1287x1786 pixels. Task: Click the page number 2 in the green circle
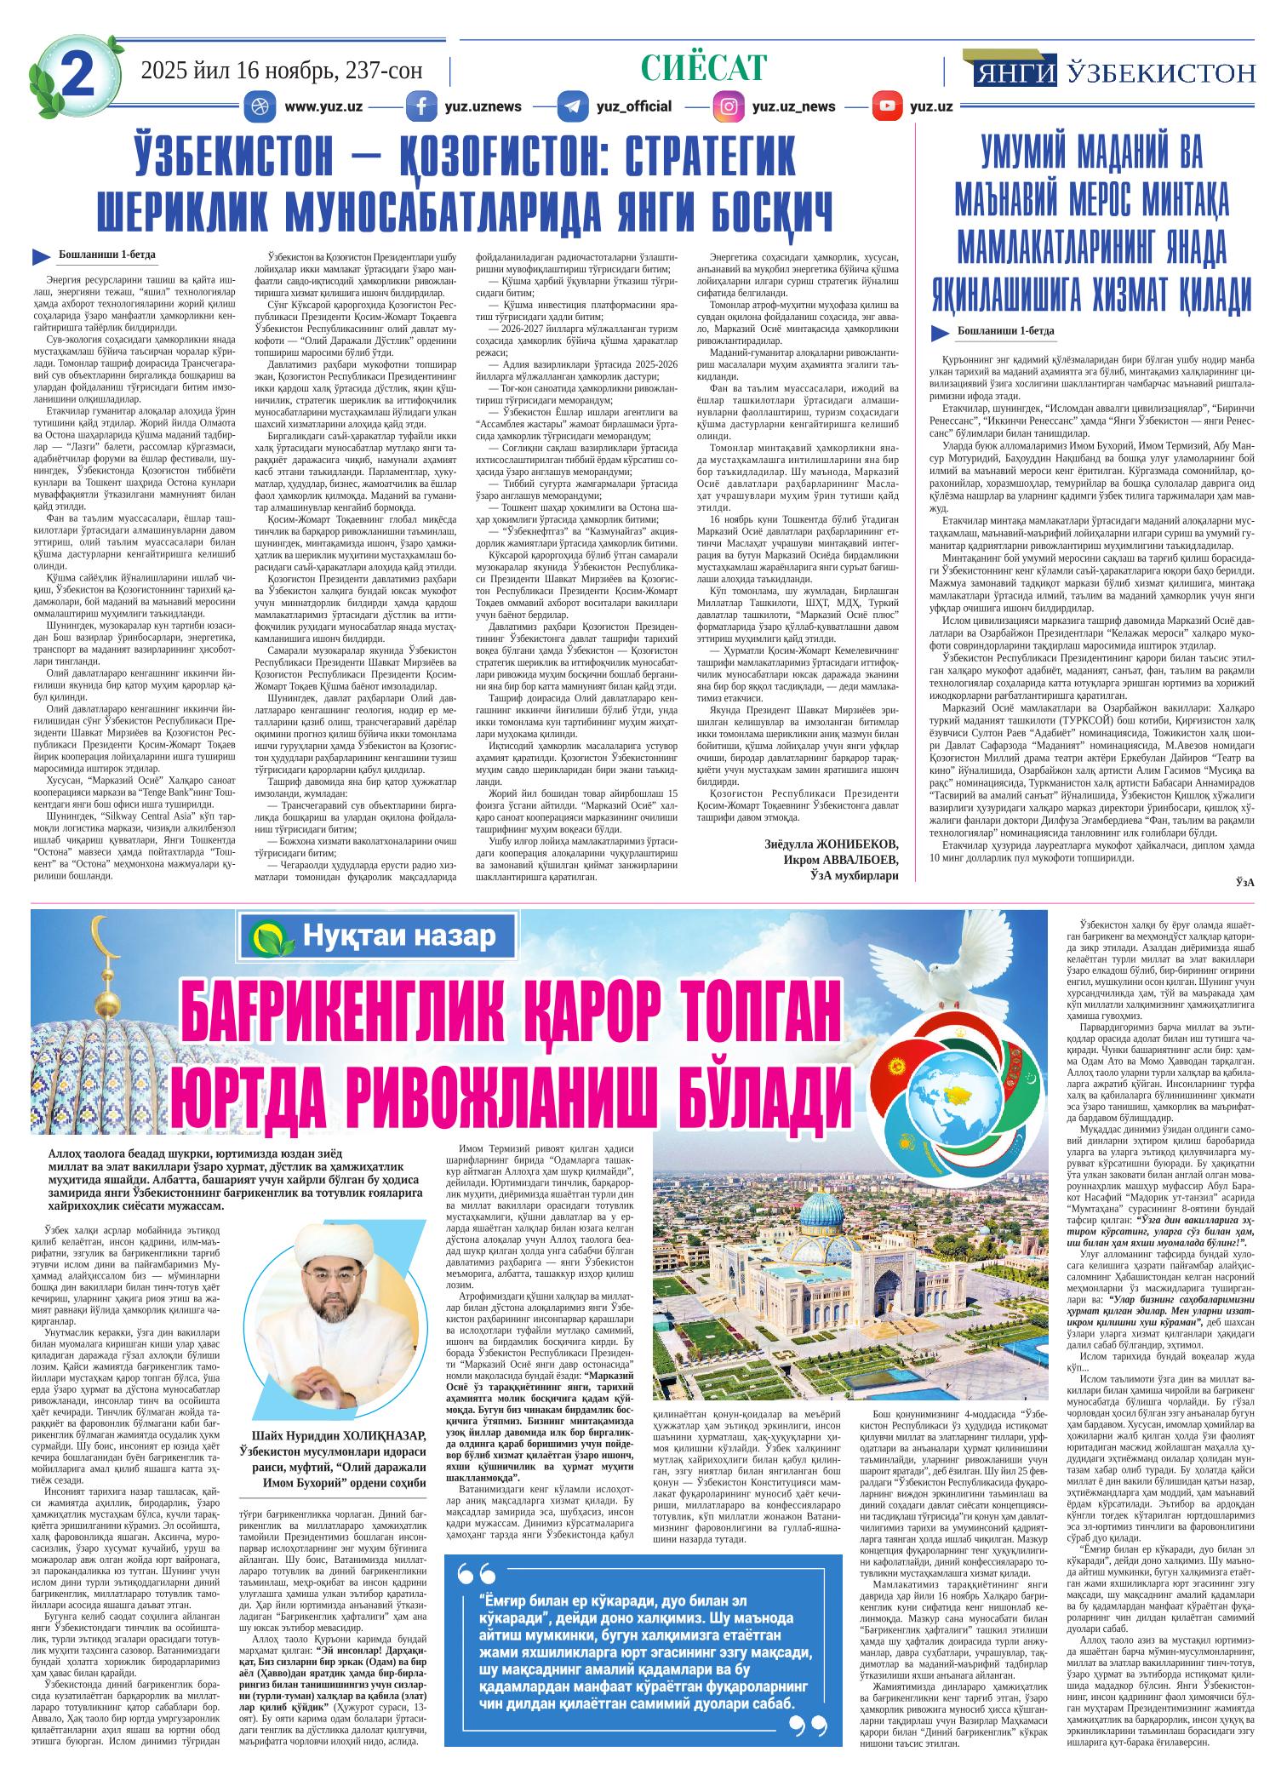77,76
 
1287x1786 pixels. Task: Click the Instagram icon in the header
729,106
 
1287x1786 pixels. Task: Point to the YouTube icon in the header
888,106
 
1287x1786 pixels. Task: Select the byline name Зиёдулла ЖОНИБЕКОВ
832,844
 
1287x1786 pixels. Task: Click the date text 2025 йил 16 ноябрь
280,71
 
